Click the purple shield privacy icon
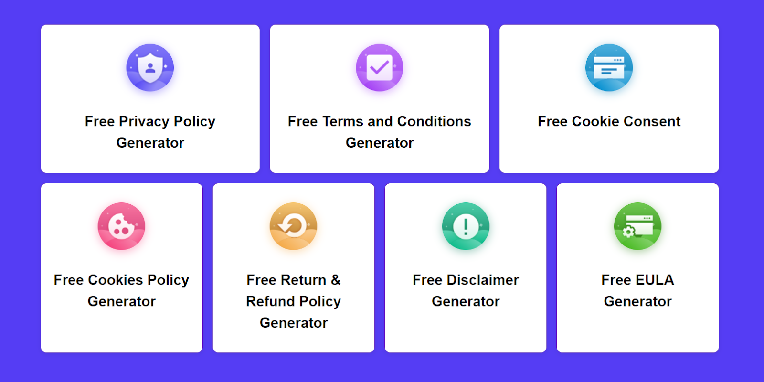pos(150,67)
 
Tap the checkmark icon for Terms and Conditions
pos(379,67)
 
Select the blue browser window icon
pos(609,67)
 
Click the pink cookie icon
pos(121,226)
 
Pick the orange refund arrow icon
pos(293,226)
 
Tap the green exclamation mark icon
pos(466,226)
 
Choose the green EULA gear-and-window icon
pos(637,226)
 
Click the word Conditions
pos(434,121)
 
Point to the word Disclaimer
pos(483,280)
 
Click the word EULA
pos(655,280)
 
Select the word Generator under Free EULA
pos(637,301)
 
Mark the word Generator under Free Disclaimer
pos(466,301)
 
